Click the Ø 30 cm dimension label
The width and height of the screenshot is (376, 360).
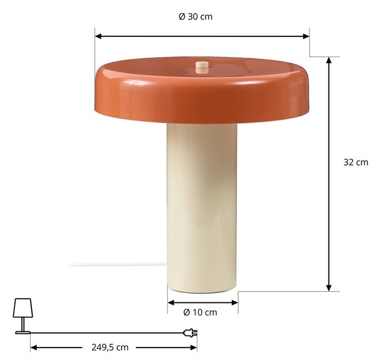196,17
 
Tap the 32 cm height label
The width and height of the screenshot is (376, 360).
355,162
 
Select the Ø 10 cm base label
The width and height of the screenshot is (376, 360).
201,312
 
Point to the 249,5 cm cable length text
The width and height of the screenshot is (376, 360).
110,347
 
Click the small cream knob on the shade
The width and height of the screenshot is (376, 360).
202,67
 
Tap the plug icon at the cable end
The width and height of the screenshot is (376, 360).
190,333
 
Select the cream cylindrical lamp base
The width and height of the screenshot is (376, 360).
202,208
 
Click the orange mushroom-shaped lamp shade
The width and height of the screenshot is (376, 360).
202,90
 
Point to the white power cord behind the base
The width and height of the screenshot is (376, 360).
115,265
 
